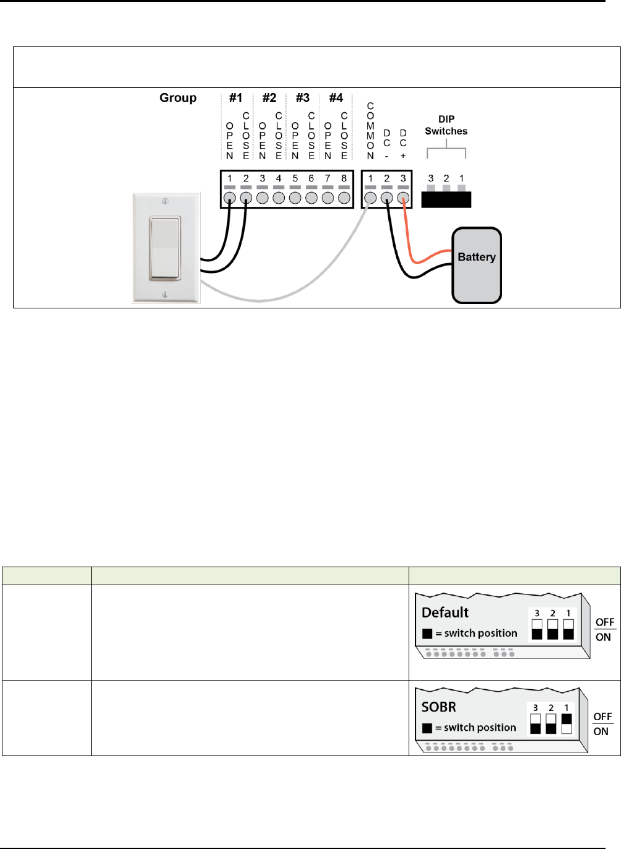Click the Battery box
(x=476, y=266)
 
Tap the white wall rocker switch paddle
(x=165, y=248)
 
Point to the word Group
(x=178, y=98)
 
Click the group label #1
(x=236, y=98)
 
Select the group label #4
(x=336, y=98)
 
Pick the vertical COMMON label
(x=370, y=131)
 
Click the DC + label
(x=403, y=144)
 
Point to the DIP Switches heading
(x=446, y=125)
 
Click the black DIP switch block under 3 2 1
(x=446, y=199)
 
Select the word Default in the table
(x=445, y=612)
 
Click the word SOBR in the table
(x=438, y=707)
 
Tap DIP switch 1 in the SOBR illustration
(x=566, y=723)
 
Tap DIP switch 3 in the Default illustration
(x=537, y=629)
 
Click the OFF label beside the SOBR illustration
(x=602, y=716)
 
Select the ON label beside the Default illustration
(x=603, y=637)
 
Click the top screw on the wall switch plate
(x=165, y=201)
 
